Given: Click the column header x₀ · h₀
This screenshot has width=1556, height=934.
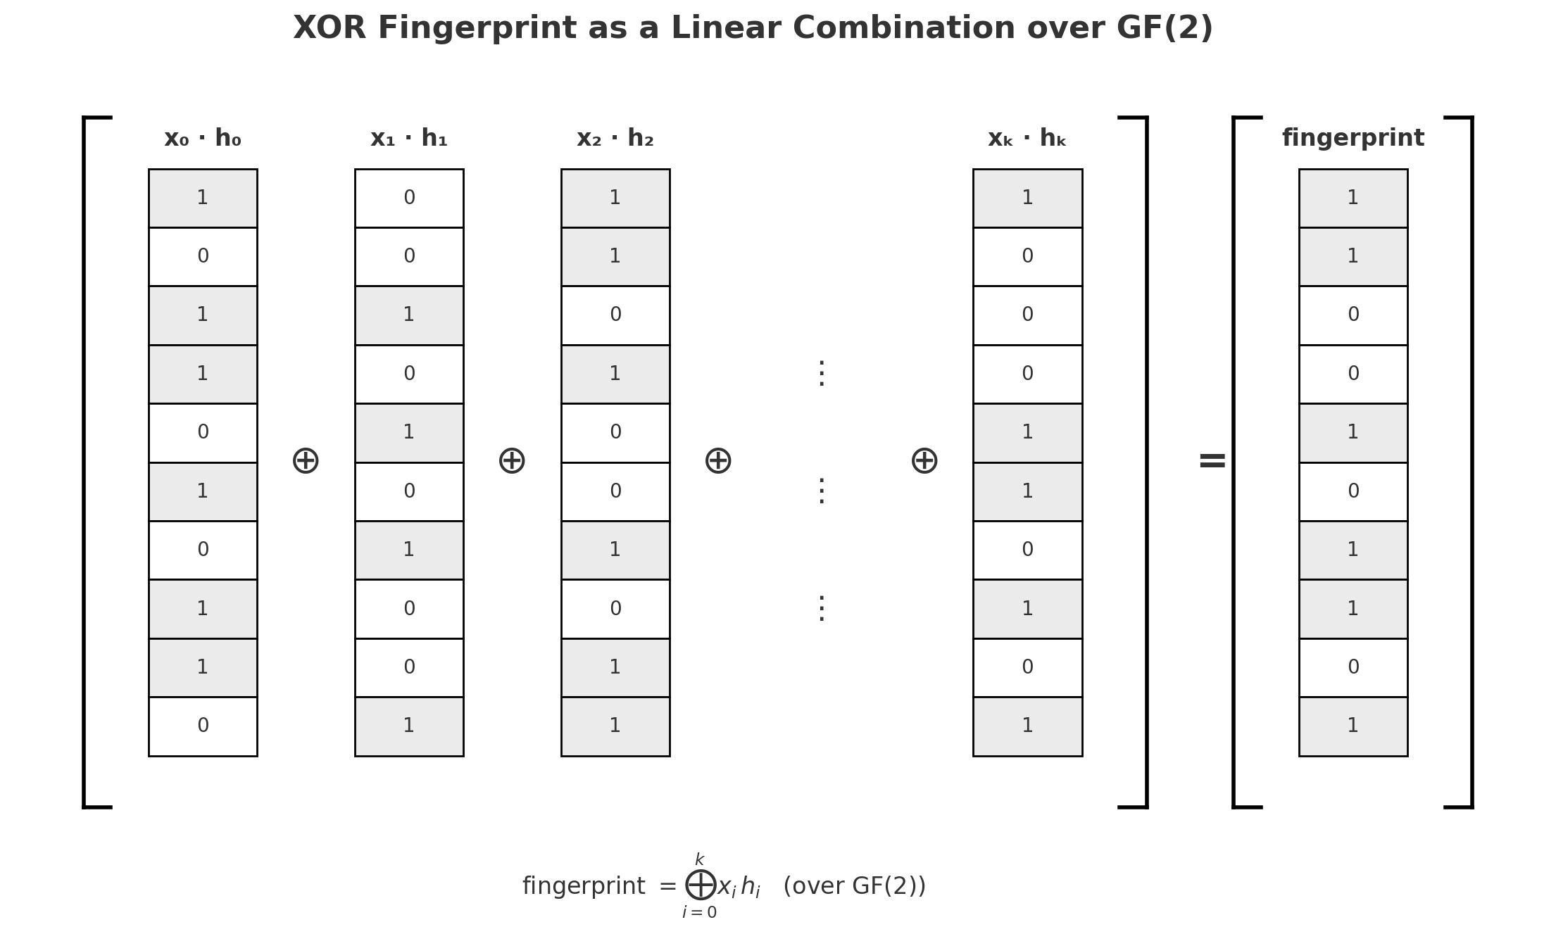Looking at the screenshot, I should tap(203, 139).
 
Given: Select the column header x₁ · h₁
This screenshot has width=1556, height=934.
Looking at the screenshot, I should tap(409, 139).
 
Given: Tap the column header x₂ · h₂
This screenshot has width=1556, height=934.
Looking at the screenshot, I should tap(615, 139).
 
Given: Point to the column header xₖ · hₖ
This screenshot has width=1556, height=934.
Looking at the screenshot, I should tap(1027, 139).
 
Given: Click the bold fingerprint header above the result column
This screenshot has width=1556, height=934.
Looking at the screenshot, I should tap(1353, 139).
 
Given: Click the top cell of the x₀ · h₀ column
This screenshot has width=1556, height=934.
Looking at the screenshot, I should tap(203, 198).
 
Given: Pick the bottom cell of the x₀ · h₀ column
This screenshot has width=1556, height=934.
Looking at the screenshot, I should tap(203, 726).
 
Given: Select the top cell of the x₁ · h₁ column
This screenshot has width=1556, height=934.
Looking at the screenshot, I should tap(409, 198).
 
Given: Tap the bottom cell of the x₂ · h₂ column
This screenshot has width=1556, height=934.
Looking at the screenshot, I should tap(615, 726).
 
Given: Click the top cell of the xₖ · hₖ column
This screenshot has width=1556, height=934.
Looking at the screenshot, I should tap(1027, 198).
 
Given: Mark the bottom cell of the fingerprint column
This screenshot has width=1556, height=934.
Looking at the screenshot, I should tap(1353, 726).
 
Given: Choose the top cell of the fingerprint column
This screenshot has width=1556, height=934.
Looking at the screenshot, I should tap(1353, 198).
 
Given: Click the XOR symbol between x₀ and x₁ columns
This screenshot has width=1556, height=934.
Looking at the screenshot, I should tap(306, 462).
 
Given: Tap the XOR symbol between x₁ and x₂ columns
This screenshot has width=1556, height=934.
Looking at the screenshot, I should tap(512, 462).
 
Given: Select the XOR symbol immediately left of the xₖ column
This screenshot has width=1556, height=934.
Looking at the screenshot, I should tap(924, 462).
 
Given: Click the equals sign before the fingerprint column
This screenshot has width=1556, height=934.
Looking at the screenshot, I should tap(1212, 462).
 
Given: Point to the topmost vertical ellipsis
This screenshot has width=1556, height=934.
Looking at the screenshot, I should tap(821, 374).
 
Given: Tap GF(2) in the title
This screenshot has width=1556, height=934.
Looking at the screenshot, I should tap(1165, 29).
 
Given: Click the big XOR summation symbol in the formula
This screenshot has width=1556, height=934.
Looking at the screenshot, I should tap(701, 885).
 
